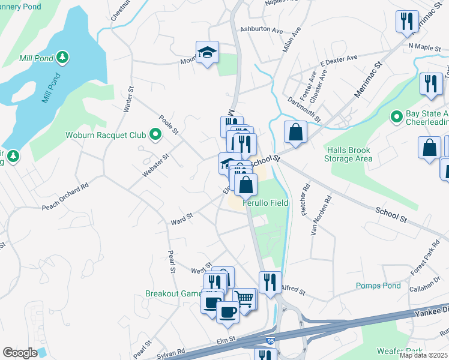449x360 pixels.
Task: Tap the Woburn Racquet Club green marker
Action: (155, 135)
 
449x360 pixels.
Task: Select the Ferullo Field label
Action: (265, 203)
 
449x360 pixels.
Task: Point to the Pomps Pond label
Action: (378, 286)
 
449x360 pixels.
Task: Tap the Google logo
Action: (20, 352)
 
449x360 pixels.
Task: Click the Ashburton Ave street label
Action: (261, 29)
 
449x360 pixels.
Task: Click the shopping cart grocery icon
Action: (244, 298)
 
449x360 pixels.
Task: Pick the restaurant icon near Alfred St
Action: (270, 282)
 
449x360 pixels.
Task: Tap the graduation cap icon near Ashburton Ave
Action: (207, 52)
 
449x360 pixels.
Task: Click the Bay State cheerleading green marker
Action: (396, 116)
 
